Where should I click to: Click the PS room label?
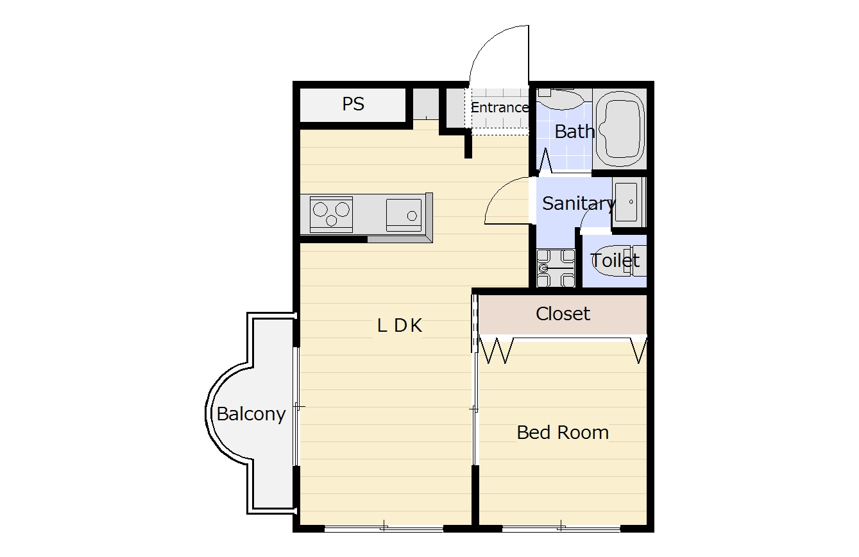[x=353, y=103]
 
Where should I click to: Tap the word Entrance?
[x=499, y=107]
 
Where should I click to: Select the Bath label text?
[x=574, y=132]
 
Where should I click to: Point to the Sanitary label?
[x=579, y=203]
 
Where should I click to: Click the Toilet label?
[x=615, y=261]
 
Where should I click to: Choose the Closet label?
[x=563, y=314]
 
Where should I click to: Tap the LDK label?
[x=400, y=326]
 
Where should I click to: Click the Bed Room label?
[x=563, y=433]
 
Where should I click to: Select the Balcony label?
[x=251, y=415]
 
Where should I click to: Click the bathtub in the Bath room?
[x=620, y=129]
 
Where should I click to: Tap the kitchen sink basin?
[x=404, y=215]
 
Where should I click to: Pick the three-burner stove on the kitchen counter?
[x=331, y=214]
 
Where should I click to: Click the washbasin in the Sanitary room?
[x=628, y=202]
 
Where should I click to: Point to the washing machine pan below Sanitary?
[x=556, y=268]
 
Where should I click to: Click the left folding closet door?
[x=497, y=350]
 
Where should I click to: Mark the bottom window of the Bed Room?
[x=561, y=528]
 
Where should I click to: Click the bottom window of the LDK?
[x=384, y=528]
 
